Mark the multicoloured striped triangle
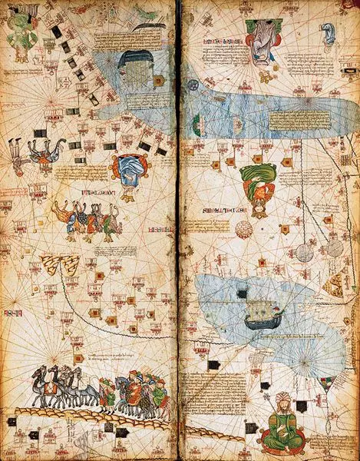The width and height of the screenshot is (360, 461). [335, 284]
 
